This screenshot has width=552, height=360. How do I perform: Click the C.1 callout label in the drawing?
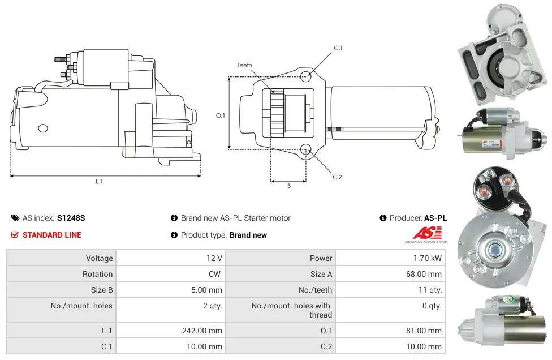click(338, 48)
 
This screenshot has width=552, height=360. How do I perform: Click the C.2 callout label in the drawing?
click(337, 177)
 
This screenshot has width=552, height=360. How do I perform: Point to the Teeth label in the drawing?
click(245, 65)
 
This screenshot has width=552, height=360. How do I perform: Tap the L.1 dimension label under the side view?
click(99, 181)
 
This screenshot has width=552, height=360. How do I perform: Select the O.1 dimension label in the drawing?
click(221, 115)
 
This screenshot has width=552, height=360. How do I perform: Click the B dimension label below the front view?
click(288, 186)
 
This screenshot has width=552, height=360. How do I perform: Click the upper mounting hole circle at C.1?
click(305, 76)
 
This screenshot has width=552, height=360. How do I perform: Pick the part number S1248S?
click(71, 218)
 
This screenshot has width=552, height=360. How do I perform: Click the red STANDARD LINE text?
click(52, 235)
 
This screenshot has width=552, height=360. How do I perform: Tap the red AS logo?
click(427, 233)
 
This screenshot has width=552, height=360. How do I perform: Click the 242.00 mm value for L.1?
click(202, 331)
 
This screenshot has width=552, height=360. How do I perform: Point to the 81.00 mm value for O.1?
click(424, 331)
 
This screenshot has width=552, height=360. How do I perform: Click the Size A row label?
click(321, 274)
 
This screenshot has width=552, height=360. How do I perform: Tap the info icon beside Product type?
click(174, 235)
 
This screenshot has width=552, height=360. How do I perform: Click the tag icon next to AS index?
click(15, 218)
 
